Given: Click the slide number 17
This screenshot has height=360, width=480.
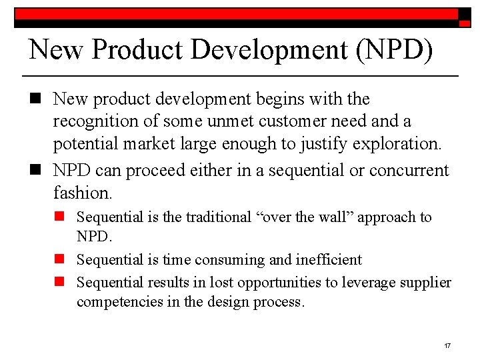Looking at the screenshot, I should point(447,346).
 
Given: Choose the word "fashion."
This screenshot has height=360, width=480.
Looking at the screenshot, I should point(83,193).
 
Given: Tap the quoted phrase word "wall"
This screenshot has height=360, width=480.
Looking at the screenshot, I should point(334,217).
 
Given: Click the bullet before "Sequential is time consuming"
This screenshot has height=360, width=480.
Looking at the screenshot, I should point(60,259).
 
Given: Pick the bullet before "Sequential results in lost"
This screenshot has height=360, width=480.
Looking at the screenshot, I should point(60,282).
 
